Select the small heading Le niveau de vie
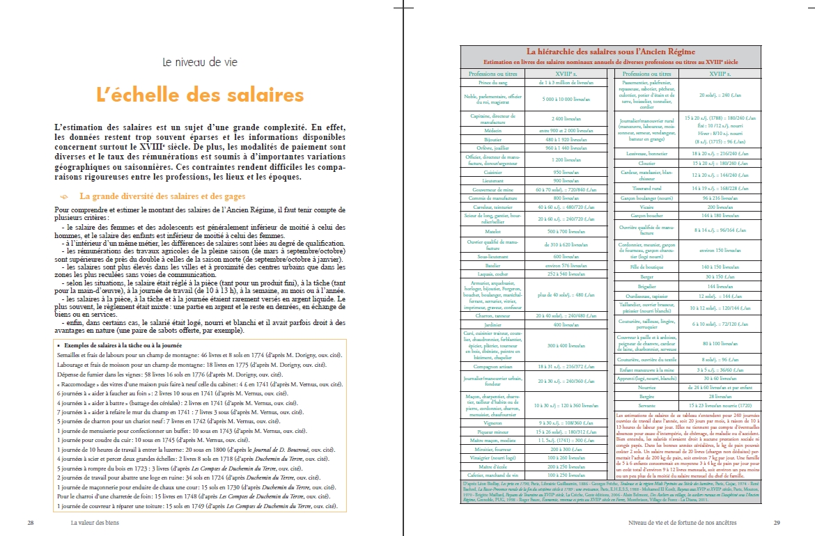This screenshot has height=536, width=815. [x=200, y=62]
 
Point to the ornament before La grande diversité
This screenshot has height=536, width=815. [x=65, y=197]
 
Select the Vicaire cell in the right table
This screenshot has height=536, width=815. [x=646, y=207]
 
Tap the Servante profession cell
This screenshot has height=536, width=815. [x=646, y=404]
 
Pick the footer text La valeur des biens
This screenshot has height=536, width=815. [x=95, y=523]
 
